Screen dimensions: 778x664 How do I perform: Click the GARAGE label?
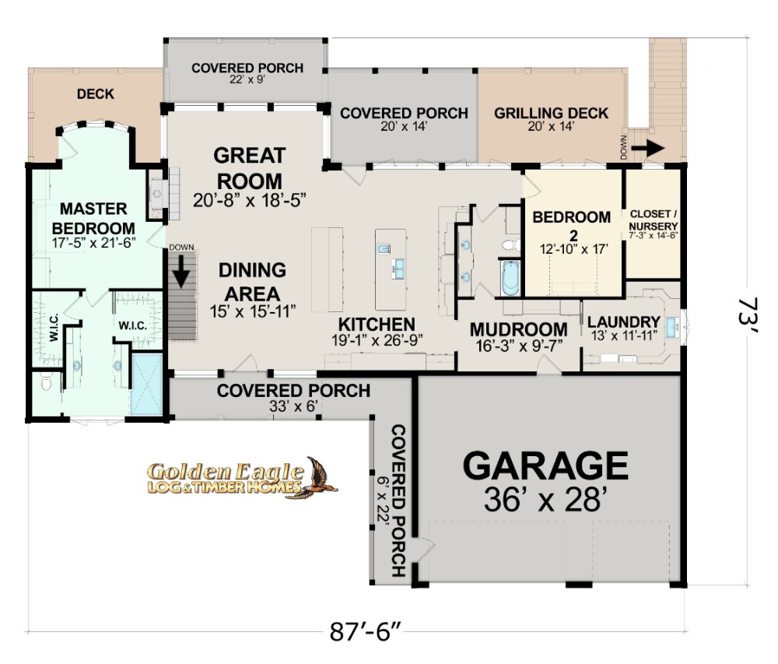click(x=545, y=466)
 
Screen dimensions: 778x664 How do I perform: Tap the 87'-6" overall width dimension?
click(x=365, y=632)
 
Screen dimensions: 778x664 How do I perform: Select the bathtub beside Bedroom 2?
click(x=510, y=278)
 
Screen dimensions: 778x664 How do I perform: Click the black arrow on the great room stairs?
click(x=181, y=271)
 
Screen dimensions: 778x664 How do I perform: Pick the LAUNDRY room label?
click(x=624, y=321)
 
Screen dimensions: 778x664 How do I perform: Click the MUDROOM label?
click(x=518, y=329)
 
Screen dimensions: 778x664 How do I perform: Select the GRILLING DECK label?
click(x=552, y=113)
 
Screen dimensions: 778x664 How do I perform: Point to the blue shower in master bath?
click(x=146, y=384)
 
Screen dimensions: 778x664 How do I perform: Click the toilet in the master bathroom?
click(x=46, y=383)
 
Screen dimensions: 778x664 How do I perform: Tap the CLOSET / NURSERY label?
click(x=654, y=220)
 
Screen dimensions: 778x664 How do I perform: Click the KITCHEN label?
click(x=377, y=324)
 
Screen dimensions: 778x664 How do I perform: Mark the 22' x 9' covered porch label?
click(x=247, y=79)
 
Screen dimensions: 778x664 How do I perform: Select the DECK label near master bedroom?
click(x=95, y=93)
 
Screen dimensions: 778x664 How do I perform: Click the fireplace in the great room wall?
click(x=157, y=194)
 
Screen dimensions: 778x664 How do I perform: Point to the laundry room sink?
click(x=671, y=326)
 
